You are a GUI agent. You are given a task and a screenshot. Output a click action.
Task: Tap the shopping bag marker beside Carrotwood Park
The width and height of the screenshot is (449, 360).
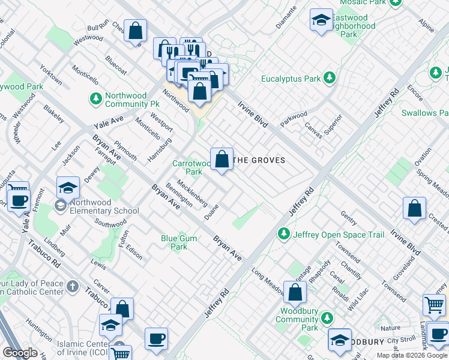point(221,160)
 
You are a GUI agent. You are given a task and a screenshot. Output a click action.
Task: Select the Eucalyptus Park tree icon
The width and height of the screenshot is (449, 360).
point(329,78)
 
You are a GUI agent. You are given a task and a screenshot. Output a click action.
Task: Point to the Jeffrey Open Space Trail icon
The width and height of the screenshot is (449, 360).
point(283,234)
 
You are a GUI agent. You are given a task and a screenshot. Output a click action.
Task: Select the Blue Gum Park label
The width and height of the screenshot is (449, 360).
point(179,242)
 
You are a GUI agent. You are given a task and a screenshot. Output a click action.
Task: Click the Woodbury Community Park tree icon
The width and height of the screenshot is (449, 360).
point(327,317)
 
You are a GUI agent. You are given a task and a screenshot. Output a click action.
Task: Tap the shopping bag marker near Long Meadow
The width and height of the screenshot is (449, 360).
point(295,293)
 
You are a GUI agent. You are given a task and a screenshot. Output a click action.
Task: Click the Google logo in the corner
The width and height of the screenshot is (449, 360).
point(20,353)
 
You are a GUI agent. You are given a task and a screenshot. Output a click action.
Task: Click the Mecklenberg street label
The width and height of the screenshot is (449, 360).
point(191,193)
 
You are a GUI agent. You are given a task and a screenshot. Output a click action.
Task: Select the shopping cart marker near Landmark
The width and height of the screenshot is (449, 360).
point(434,305)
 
